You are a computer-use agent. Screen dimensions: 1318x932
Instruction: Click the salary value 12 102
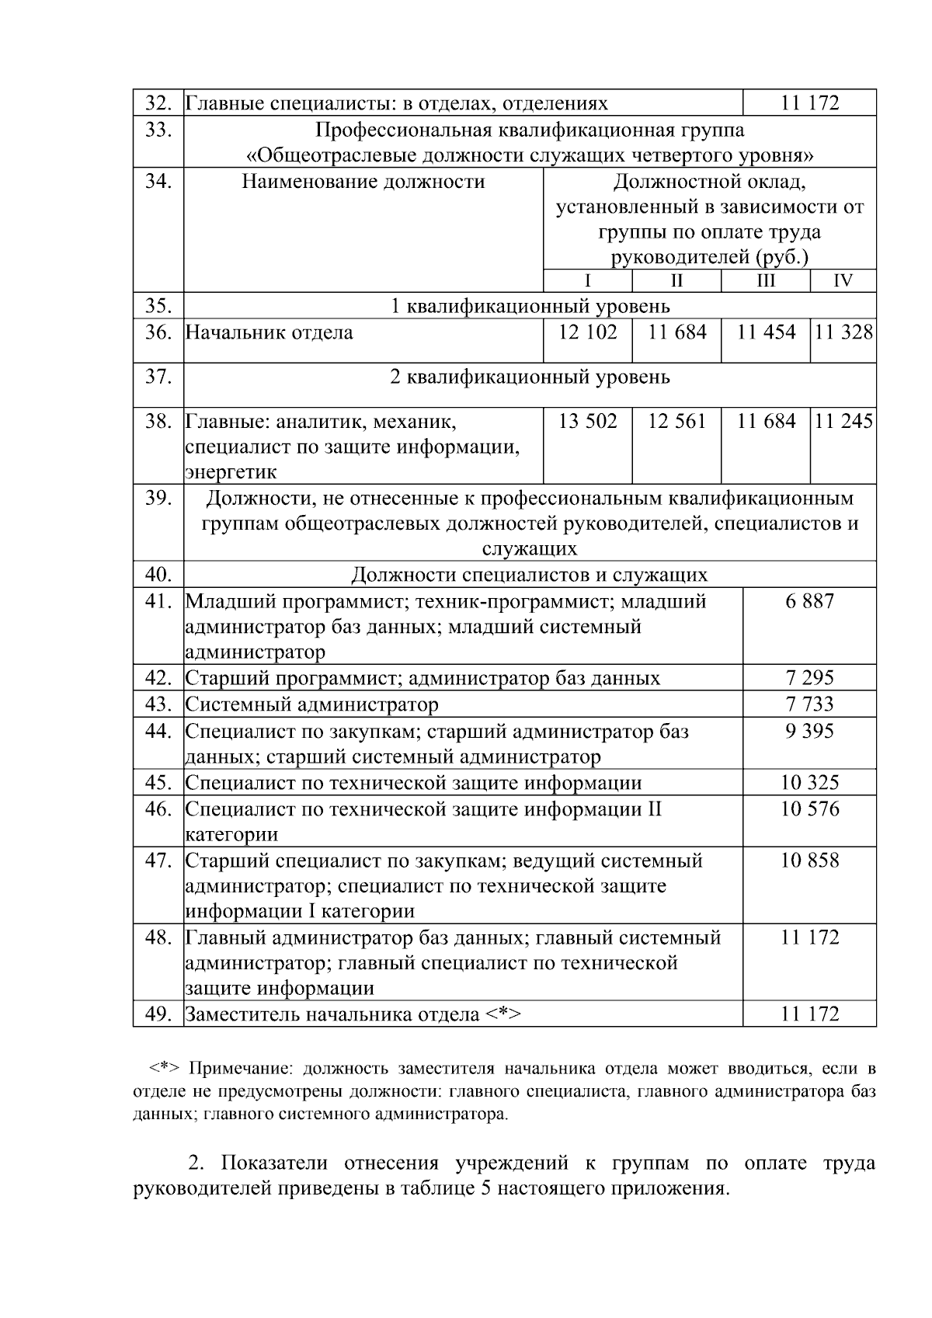tap(588, 332)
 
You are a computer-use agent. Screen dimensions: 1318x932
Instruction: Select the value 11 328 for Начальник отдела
tap(843, 332)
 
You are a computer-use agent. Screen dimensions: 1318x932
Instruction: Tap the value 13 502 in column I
tap(588, 422)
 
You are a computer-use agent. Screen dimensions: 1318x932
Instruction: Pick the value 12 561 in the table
tap(677, 422)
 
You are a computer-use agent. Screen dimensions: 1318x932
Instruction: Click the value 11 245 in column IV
tap(843, 422)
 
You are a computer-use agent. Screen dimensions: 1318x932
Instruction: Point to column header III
tap(766, 281)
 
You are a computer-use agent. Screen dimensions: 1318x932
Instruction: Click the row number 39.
tap(158, 498)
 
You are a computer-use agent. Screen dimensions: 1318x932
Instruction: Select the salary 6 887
tap(809, 601)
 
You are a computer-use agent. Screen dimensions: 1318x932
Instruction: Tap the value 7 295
tap(809, 678)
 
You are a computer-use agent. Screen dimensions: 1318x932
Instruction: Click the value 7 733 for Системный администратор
tap(809, 704)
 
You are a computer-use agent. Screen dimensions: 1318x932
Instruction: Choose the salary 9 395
tap(809, 731)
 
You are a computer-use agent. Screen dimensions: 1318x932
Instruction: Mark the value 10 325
tap(809, 783)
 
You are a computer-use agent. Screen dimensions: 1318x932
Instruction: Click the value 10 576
tap(809, 809)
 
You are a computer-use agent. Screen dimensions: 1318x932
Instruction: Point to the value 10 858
tap(809, 861)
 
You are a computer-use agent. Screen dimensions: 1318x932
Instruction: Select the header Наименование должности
tap(363, 182)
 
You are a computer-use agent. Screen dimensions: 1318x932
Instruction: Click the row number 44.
tap(158, 731)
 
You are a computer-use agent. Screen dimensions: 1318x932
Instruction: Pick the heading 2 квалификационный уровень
tap(530, 377)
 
